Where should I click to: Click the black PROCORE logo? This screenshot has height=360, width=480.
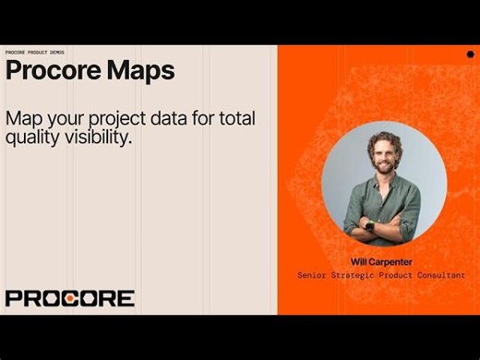(x=69, y=298)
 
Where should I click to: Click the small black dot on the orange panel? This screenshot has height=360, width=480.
(x=470, y=54)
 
